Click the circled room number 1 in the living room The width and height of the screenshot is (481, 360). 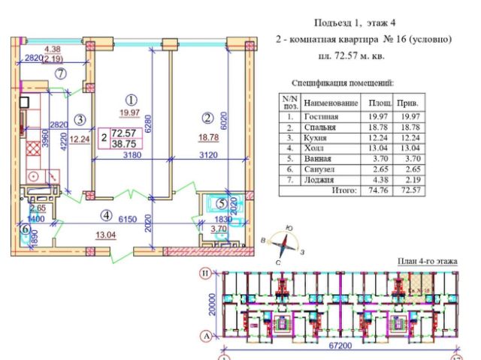pos(131,99)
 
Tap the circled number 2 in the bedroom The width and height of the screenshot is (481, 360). pos(208,117)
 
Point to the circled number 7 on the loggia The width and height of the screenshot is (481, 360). pos(61,73)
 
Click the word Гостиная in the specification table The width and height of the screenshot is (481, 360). pos(321,116)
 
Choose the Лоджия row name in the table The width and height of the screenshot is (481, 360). pos(319,180)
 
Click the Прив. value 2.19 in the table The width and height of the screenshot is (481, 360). pos(410,180)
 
